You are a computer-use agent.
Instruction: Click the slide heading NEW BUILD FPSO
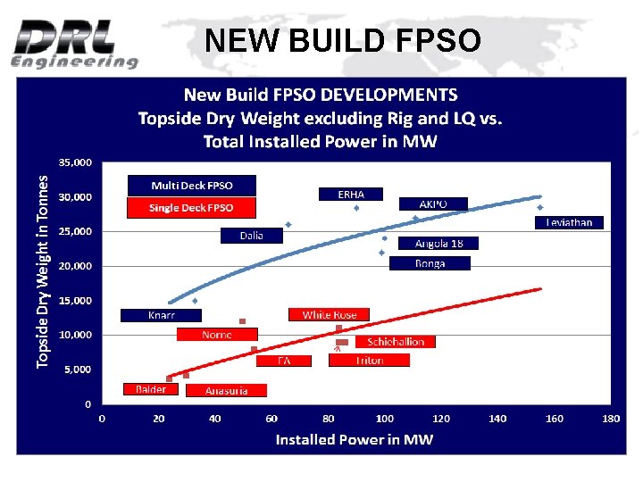click(342, 40)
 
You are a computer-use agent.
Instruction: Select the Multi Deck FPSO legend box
click(191, 186)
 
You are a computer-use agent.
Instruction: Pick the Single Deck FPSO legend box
click(191, 208)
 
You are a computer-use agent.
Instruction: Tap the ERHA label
click(350, 194)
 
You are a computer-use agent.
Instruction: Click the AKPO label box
click(432, 204)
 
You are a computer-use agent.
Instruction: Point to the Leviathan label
click(569, 222)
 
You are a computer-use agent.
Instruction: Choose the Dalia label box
click(252, 236)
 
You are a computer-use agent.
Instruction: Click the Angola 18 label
click(438, 243)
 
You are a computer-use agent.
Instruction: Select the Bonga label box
click(430, 263)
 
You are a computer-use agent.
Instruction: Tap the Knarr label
click(162, 315)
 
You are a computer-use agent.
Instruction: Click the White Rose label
click(329, 315)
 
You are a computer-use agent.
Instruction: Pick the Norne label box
click(217, 335)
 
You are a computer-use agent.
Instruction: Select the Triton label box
click(369, 361)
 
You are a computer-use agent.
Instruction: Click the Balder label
click(151, 389)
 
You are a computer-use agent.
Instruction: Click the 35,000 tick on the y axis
click(75, 162)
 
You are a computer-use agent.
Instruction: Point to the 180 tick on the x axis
click(611, 418)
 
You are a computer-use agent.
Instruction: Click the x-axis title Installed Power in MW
click(354, 439)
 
